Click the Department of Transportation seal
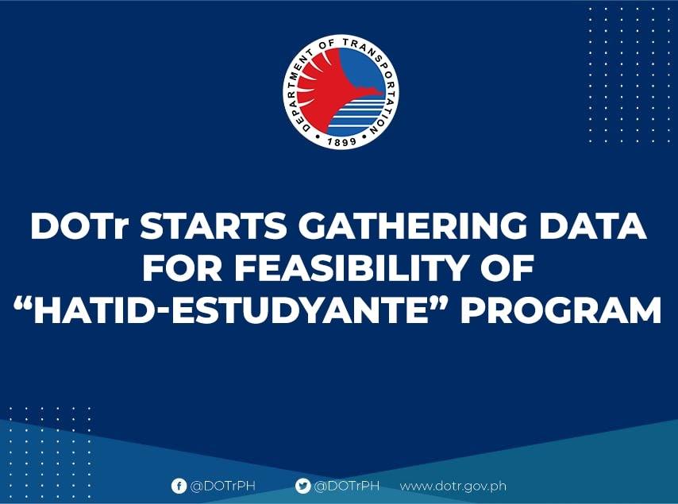click(x=340, y=92)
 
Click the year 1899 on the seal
click(x=341, y=141)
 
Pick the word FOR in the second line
click(x=183, y=268)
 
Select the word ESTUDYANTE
click(x=302, y=310)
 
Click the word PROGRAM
click(x=561, y=310)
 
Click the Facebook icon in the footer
click(x=179, y=486)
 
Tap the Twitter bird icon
click(x=302, y=486)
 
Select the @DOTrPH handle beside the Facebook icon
click(x=222, y=486)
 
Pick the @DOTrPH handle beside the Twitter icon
click(x=347, y=486)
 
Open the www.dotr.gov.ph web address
click(x=453, y=487)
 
